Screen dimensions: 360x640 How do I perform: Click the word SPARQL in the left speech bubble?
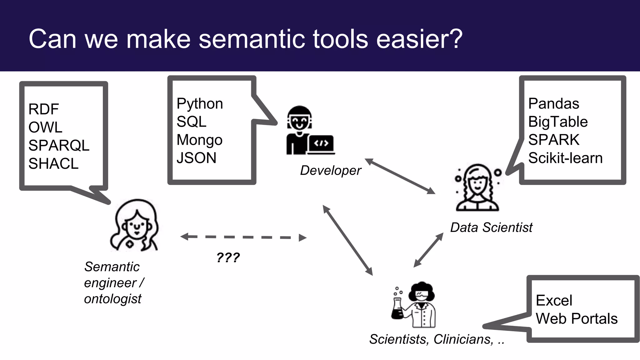(x=59, y=146)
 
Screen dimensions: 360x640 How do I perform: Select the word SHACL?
(x=53, y=164)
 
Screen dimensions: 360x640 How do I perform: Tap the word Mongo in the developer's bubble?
(x=199, y=140)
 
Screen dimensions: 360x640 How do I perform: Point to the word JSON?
(x=196, y=158)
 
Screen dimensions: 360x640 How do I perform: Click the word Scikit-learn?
(x=565, y=158)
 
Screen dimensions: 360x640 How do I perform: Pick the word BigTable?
(x=558, y=122)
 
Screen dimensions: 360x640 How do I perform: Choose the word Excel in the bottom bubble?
(x=554, y=301)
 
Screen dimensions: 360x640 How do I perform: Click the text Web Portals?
(x=577, y=319)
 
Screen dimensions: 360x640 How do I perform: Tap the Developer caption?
(x=330, y=171)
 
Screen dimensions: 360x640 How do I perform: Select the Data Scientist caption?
(x=491, y=227)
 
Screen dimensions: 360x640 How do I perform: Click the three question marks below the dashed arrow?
(x=228, y=258)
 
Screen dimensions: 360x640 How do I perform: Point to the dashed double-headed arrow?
(x=243, y=237)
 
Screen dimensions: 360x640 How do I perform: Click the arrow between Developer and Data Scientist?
(x=400, y=177)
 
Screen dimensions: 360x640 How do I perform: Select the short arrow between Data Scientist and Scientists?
(x=428, y=250)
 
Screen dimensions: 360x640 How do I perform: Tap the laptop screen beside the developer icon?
(x=321, y=143)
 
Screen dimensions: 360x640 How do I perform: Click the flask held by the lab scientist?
(x=397, y=310)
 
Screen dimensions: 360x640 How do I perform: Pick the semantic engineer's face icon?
(x=135, y=225)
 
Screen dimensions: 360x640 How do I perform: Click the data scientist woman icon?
(x=477, y=187)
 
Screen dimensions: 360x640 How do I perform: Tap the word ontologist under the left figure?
(x=112, y=299)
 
